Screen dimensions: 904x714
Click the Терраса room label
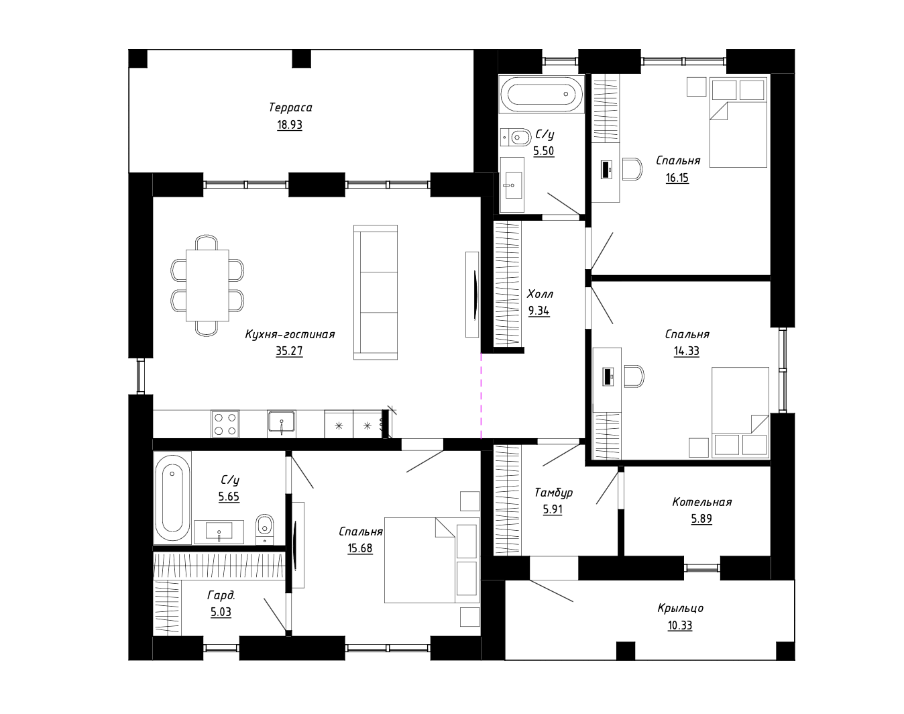click(x=290, y=107)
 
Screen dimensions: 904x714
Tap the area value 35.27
click(x=289, y=351)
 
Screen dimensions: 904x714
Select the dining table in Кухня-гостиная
click(x=207, y=285)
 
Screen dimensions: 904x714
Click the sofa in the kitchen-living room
click(x=376, y=293)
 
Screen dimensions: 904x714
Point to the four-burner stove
click(x=225, y=424)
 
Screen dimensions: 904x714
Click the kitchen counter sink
click(x=282, y=424)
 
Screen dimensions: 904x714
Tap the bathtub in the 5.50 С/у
click(x=541, y=94)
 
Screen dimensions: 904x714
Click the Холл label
click(x=540, y=293)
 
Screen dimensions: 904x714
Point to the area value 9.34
click(x=539, y=311)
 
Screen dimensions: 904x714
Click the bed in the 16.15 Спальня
click(x=738, y=122)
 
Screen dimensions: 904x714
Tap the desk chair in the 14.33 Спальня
click(x=634, y=376)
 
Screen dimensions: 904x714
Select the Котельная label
click(x=701, y=502)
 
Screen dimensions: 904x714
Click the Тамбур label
click(x=553, y=493)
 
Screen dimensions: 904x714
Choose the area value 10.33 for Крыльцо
click(x=680, y=625)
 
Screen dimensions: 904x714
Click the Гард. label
click(x=221, y=595)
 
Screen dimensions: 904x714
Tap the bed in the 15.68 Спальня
click(x=432, y=560)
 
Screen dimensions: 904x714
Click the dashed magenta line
click(x=481, y=396)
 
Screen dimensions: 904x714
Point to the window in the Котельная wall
click(x=702, y=568)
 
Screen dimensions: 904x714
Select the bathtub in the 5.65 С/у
click(x=172, y=498)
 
